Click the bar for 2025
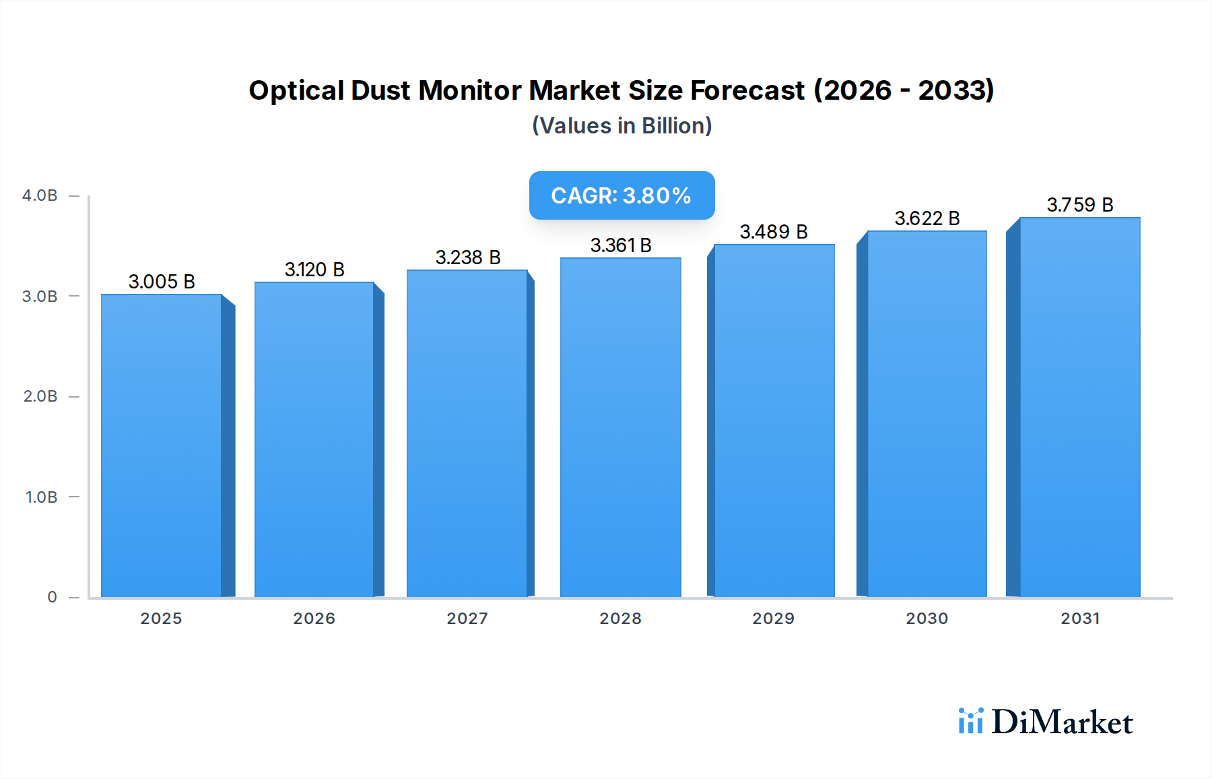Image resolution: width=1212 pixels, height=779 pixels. tap(162, 445)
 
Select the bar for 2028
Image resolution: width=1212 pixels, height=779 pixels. tap(620, 427)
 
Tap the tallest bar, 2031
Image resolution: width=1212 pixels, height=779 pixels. tap(1079, 407)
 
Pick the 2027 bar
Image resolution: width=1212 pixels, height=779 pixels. tap(467, 433)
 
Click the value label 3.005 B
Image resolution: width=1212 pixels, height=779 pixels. tap(162, 282)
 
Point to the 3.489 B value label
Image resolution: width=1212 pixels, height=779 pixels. tap(773, 232)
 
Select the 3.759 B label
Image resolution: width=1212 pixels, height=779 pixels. tap(1079, 205)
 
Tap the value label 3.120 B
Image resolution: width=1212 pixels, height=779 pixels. tap(314, 270)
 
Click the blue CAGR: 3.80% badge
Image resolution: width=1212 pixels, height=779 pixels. tap(621, 195)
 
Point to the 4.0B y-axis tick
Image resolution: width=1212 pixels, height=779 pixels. tap(40, 195)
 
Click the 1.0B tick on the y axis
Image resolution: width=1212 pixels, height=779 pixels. tap(41, 497)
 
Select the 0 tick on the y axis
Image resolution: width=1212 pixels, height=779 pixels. tap(52, 597)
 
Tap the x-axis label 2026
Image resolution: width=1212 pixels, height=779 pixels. tap(314, 619)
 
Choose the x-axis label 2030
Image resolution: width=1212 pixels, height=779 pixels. tap(927, 619)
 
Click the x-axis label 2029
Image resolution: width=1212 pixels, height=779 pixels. tap(773, 619)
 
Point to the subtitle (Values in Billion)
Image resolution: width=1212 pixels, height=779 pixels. tap(621, 126)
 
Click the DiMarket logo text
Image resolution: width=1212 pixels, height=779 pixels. tap(1062, 722)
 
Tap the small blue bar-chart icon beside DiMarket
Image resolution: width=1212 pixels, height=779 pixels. tap(970, 721)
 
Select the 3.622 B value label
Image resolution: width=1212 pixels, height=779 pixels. tap(927, 218)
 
